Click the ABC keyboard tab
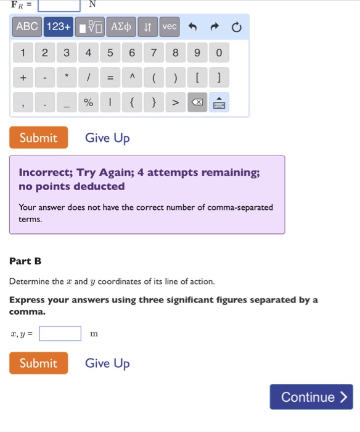click(x=27, y=27)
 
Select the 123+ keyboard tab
click(x=59, y=27)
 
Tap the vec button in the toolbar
click(x=169, y=27)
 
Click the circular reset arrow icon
click(x=237, y=27)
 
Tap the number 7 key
click(x=153, y=53)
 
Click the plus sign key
click(x=23, y=78)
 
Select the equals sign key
click(x=110, y=78)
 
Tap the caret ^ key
click(x=131, y=78)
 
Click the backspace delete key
click(x=197, y=102)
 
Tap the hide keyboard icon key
click(x=219, y=102)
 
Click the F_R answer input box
click(x=59, y=5)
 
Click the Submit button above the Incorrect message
click(x=38, y=138)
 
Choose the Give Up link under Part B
click(x=107, y=363)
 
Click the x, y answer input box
click(x=60, y=334)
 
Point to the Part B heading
click(x=25, y=261)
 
